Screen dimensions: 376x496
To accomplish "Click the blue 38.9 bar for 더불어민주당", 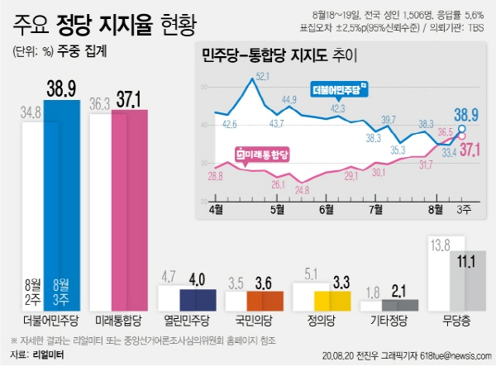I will point(62,202).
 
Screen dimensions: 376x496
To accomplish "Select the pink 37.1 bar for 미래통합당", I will point(129,207).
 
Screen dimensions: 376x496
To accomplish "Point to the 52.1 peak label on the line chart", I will point(264,76).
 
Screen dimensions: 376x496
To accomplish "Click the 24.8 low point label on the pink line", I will point(302,189).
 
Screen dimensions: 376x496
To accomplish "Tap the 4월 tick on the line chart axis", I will point(217,209).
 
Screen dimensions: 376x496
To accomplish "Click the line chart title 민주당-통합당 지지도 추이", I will point(271,56).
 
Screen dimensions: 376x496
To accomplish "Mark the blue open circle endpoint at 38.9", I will point(461,129).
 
